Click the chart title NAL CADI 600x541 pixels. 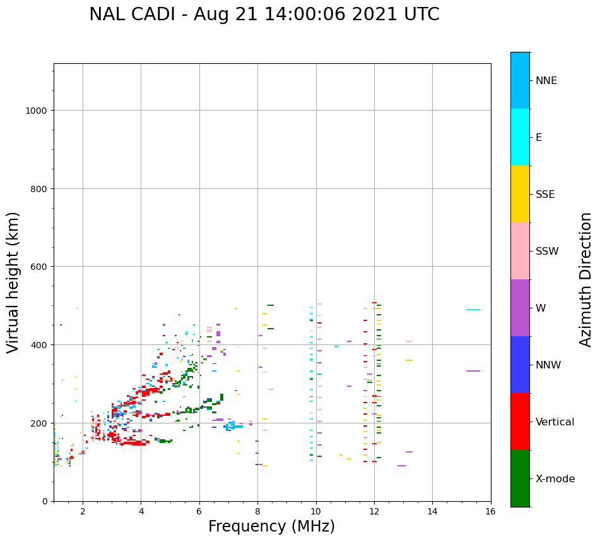point(264,15)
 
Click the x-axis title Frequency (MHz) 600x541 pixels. point(271,526)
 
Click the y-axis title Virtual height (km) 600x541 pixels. point(13,282)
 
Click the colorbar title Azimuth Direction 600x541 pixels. point(586,279)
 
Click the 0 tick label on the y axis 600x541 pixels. point(44,501)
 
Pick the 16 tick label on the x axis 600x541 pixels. point(490,511)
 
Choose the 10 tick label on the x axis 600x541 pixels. point(315,511)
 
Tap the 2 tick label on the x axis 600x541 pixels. point(83,511)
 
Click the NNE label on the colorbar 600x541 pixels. point(546,81)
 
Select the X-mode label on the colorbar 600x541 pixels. point(555,479)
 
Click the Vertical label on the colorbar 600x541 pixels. point(555,422)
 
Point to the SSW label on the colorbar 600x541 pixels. point(547,252)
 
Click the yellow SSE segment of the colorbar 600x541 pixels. point(520,194)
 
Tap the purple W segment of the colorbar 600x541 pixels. point(520,308)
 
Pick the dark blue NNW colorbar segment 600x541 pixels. point(520,365)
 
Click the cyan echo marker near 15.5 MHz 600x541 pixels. point(473,310)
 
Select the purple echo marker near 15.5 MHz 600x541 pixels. point(473,371)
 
